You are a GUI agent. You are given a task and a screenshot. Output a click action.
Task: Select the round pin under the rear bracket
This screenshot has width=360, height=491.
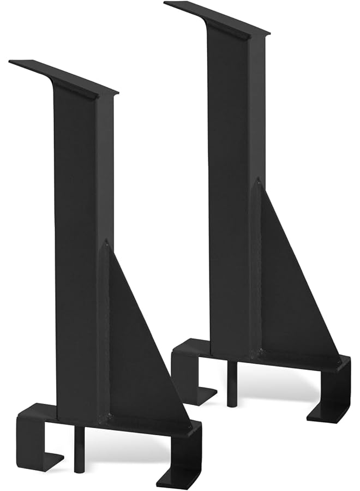click(x=232, y=385)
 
